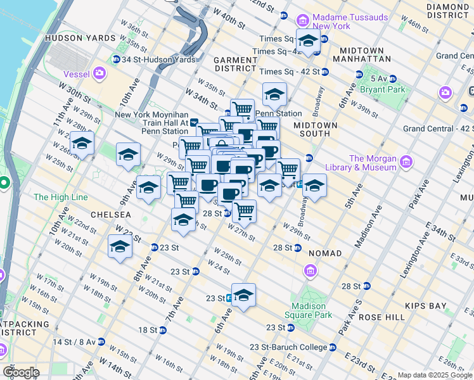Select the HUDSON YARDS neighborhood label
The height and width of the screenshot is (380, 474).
click(80, 38)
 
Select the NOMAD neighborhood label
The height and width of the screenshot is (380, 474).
click(325, 253)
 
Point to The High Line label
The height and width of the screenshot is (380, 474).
click(61, 198)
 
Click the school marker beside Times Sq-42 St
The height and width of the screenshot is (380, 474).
click(308, 42)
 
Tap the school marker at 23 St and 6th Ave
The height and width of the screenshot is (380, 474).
click(243, 295)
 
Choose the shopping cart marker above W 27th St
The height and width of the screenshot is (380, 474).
click(244, 210)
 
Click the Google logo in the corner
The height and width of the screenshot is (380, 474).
click(21, 372)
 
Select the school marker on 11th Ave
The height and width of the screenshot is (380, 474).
click(82, 144)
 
